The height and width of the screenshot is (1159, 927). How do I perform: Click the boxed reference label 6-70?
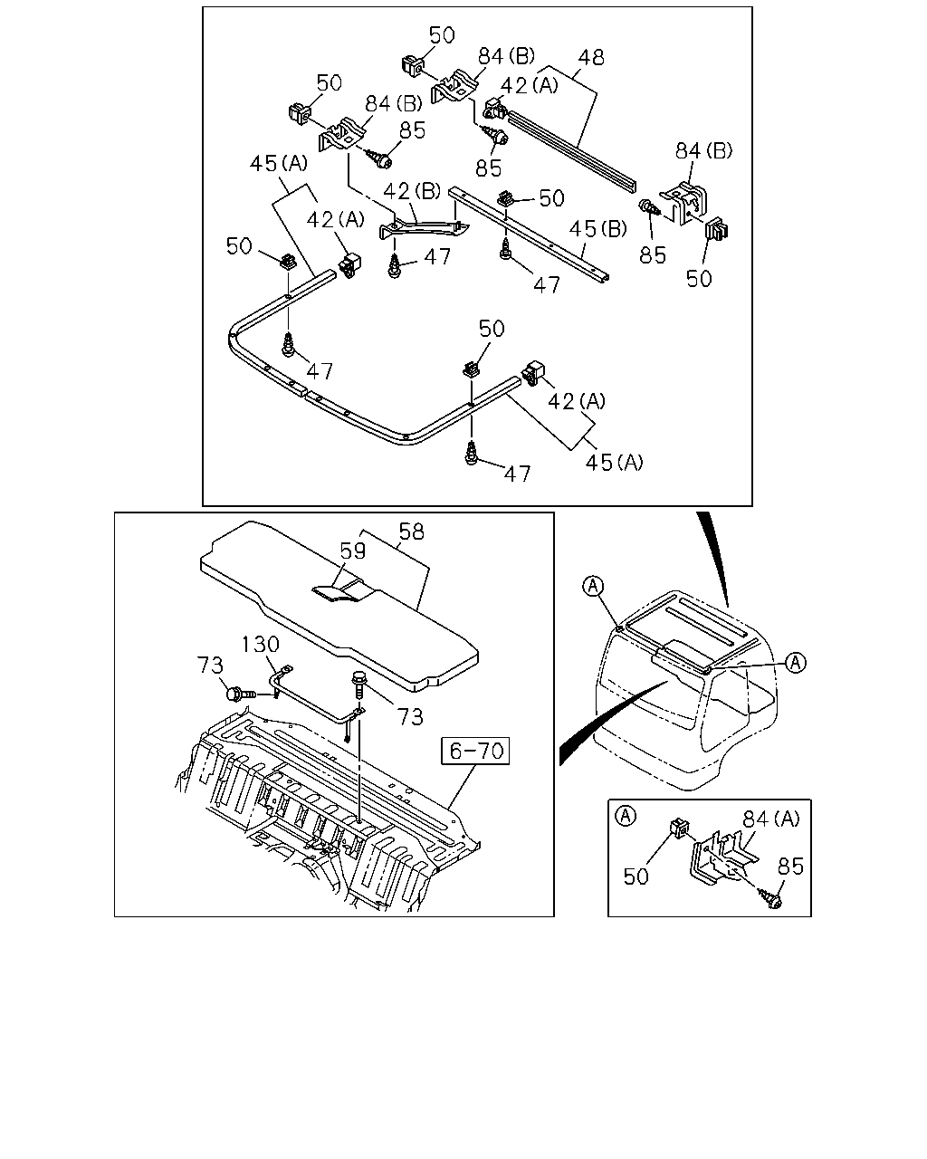pos(475,751)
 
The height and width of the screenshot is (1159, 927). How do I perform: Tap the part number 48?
pos(591,57)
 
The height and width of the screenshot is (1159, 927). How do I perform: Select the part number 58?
pos(412,532)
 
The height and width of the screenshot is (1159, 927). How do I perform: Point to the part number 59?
pos(353,551)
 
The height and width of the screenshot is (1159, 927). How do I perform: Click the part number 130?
pos(260,644)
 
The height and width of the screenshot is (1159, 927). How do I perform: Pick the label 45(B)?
pos(597,229)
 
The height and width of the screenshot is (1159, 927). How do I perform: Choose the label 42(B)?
pos(412,191)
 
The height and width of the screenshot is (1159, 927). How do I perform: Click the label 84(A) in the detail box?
pos(770,819)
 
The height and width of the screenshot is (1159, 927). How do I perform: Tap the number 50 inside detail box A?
pos(636,876)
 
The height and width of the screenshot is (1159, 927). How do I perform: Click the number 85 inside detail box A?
pos(790,867)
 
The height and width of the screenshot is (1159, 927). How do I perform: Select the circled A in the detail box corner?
pos(625,816)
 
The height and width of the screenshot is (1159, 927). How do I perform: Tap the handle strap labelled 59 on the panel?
pos(342,589)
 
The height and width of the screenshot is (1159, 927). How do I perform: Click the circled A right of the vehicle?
pos(796,663)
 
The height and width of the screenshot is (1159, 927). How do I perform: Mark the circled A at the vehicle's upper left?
pos(594,586)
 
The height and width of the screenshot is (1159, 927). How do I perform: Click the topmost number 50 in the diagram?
pos(442,35)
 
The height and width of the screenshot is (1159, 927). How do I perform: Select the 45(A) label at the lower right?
pos(614,463)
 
